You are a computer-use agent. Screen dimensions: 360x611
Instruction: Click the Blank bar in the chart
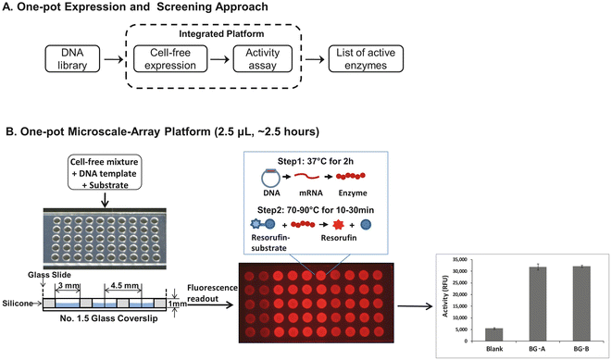(x=495, y=334)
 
